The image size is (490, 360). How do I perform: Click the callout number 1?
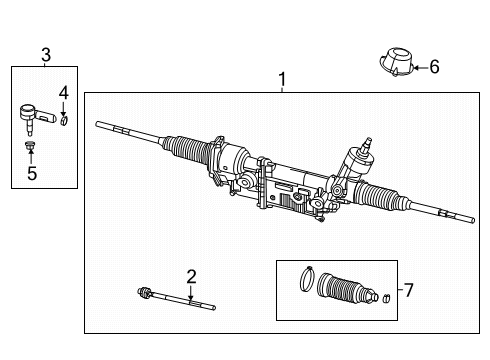(x=282, y=79)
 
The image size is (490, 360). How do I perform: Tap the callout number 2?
(x=190, y=275)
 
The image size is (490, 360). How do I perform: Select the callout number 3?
(x=45, y=55)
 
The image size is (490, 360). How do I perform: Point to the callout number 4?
(x=63, y=93)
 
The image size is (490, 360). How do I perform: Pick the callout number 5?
(x=31, y=171)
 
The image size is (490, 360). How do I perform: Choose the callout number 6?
(x=434, y=67)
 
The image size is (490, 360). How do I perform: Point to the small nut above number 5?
(x=30, y=149)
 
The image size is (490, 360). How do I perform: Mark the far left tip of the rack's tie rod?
(x=99, y=124)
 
